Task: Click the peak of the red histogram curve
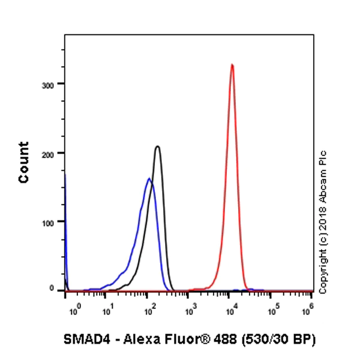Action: pyautogui.click(x=232, y=65)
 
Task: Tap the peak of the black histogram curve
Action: pyautogui.click(x=157, y=146)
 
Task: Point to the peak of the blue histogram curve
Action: pyautogui.click(x=149, y=178)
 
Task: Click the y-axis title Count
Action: pyautogui.click(x=25, y=162)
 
